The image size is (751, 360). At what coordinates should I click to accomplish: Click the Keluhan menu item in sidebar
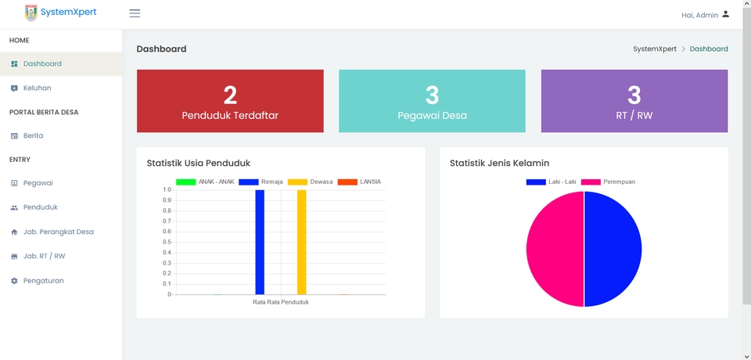37,88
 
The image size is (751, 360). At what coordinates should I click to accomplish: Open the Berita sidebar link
33,135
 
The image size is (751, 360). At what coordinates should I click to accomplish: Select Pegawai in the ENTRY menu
38,183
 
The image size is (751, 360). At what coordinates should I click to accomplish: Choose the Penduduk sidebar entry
41,207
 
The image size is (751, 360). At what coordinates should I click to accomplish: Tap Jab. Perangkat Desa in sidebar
58,232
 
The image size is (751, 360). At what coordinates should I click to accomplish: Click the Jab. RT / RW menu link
44,256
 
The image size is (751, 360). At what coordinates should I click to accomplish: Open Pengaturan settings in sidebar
43,280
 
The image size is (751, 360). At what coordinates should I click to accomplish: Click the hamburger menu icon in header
135,13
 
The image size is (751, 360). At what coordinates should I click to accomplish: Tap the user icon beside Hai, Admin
725,14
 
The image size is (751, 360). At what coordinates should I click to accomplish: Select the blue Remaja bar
260,242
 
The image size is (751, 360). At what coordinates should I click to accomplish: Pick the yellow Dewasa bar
301,242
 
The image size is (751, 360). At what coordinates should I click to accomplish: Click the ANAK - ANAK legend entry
205,182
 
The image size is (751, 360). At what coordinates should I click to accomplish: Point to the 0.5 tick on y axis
166,242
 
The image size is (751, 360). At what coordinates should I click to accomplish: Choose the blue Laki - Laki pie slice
613,249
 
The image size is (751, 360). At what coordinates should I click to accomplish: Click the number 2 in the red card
230,95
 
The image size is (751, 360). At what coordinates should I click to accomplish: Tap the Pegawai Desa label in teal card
432,116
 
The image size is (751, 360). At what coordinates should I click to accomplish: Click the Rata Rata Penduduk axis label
281,302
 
